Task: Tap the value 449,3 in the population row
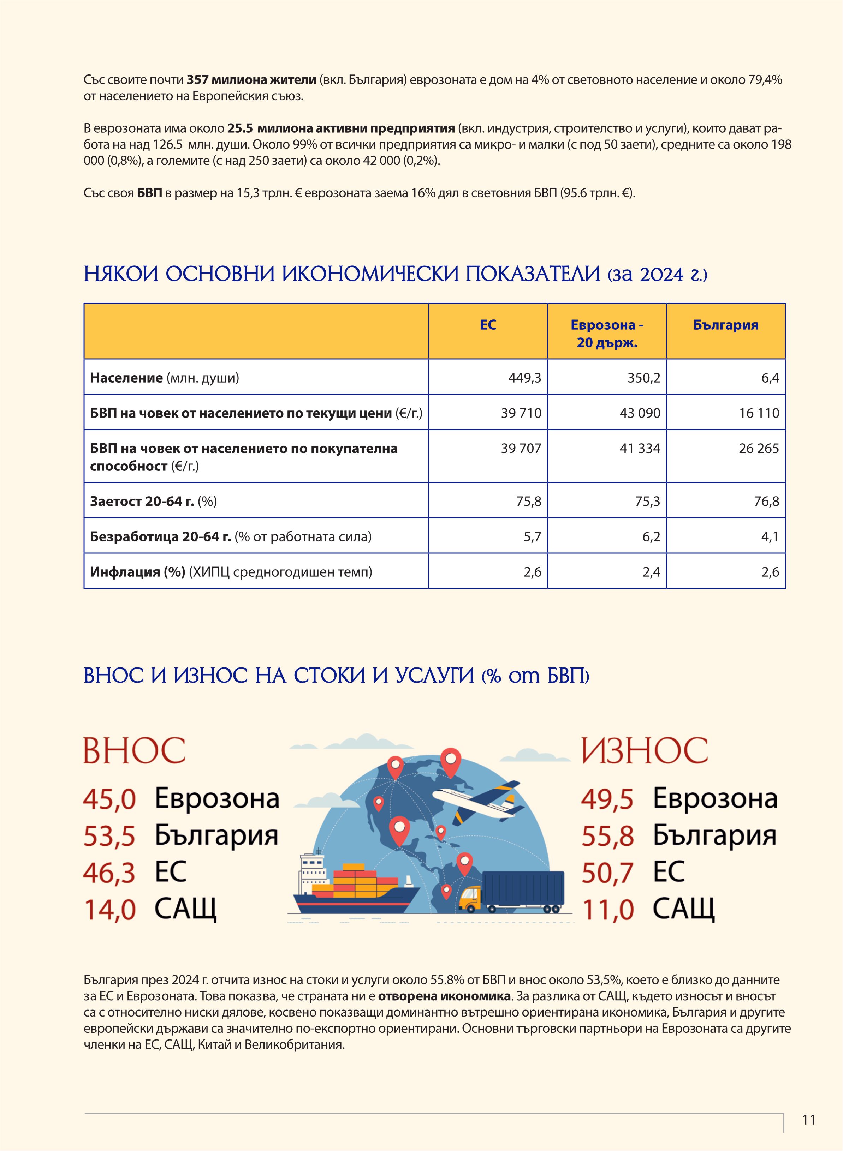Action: click(x=524, y=378)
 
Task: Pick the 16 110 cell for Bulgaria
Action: click(x=759, y=413)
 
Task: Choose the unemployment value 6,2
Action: click(x=651, y=537)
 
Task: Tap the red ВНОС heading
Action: click(x=134, y=750)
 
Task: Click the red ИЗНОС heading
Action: click(x=645, y=750)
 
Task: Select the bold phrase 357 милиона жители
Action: click(x=251, y=80)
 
